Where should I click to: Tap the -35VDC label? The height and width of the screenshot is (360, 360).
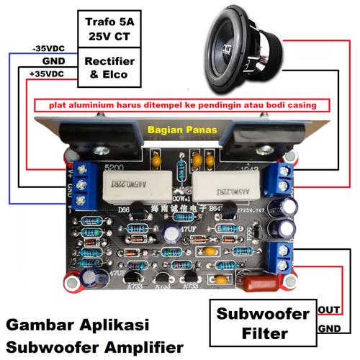[50, 48]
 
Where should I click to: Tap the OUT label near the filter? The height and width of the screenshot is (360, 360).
[328, 310]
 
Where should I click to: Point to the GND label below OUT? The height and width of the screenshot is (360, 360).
[329, 328]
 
